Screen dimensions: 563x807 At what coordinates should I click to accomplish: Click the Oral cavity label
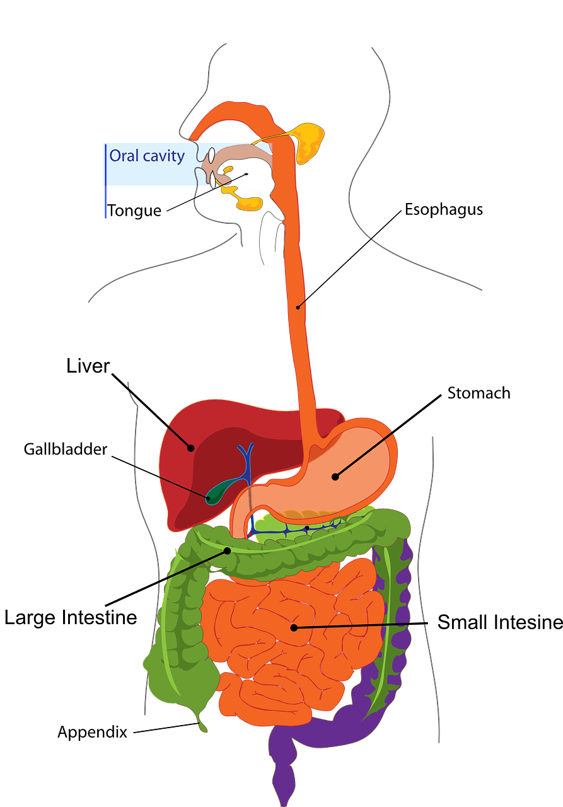click(147, 156)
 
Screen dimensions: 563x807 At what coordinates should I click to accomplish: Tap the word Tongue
click(134, 211)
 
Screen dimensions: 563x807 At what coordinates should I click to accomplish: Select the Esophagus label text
click(444, 210)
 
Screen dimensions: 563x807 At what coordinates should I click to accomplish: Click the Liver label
click(88, 366)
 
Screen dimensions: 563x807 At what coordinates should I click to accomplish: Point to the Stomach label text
click(479, 393)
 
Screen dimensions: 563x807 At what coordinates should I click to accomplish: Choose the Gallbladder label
click(66, 450)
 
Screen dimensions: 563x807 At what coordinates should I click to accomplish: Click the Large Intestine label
click(71, 617)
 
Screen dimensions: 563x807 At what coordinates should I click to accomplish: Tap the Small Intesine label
click(500, 622)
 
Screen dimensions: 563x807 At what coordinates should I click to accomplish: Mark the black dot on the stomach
click(335, 477)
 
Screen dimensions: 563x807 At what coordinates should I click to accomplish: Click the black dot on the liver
click(191, 448)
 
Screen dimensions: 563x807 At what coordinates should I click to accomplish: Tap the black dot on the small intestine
click(294, 627)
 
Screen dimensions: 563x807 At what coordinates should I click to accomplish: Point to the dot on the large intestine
click(228, 550)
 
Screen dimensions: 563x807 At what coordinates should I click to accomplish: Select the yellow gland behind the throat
click(308, 142)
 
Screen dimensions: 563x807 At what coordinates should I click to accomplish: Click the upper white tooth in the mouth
click(211, 155)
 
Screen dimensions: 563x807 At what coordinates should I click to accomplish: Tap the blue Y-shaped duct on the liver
click(246, 465)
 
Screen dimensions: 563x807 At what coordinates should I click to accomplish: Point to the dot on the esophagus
click(298, 307)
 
